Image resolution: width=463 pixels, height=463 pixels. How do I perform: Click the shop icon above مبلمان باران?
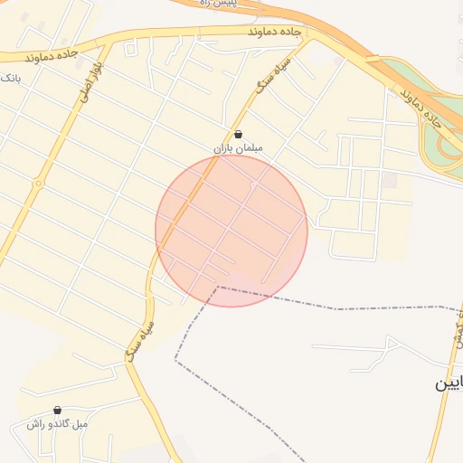tap(237, 135)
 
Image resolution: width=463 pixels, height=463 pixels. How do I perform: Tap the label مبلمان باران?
tap(236, 148)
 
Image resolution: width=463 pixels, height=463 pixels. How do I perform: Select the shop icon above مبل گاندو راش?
tap(57, 410)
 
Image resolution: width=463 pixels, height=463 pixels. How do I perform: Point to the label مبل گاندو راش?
tap(56, 424)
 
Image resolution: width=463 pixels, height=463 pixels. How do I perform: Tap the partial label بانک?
tap(9, 78)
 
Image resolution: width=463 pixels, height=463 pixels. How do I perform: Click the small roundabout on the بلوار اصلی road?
tap(38, 184)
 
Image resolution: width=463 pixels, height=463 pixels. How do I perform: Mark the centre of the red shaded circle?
tap(231, 231)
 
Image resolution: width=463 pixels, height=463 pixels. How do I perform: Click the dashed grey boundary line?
tap(335, 308)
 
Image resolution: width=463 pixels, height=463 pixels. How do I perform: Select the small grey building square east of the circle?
tap(390, 181)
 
